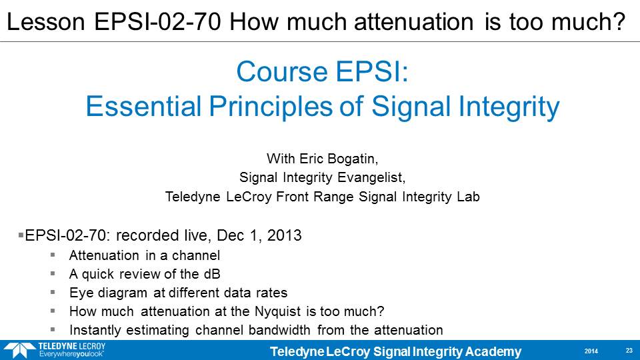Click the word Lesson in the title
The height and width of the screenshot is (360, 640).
point(46,21)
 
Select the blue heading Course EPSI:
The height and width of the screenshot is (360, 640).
point(322,72)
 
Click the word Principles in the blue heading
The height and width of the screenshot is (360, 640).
point(271,107)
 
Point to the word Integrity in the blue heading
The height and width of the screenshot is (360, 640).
point(509,107)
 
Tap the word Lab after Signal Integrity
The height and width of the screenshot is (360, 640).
point(468,197)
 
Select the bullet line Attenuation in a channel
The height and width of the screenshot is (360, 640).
point(145,255)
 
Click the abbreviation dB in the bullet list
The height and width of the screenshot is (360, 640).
point(212,274)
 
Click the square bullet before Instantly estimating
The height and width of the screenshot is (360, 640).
point(53,329)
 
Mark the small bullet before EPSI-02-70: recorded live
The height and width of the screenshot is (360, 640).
point(21,235)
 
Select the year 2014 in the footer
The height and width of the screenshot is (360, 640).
point(591,351)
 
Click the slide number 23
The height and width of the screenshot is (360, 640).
point(629,351)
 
